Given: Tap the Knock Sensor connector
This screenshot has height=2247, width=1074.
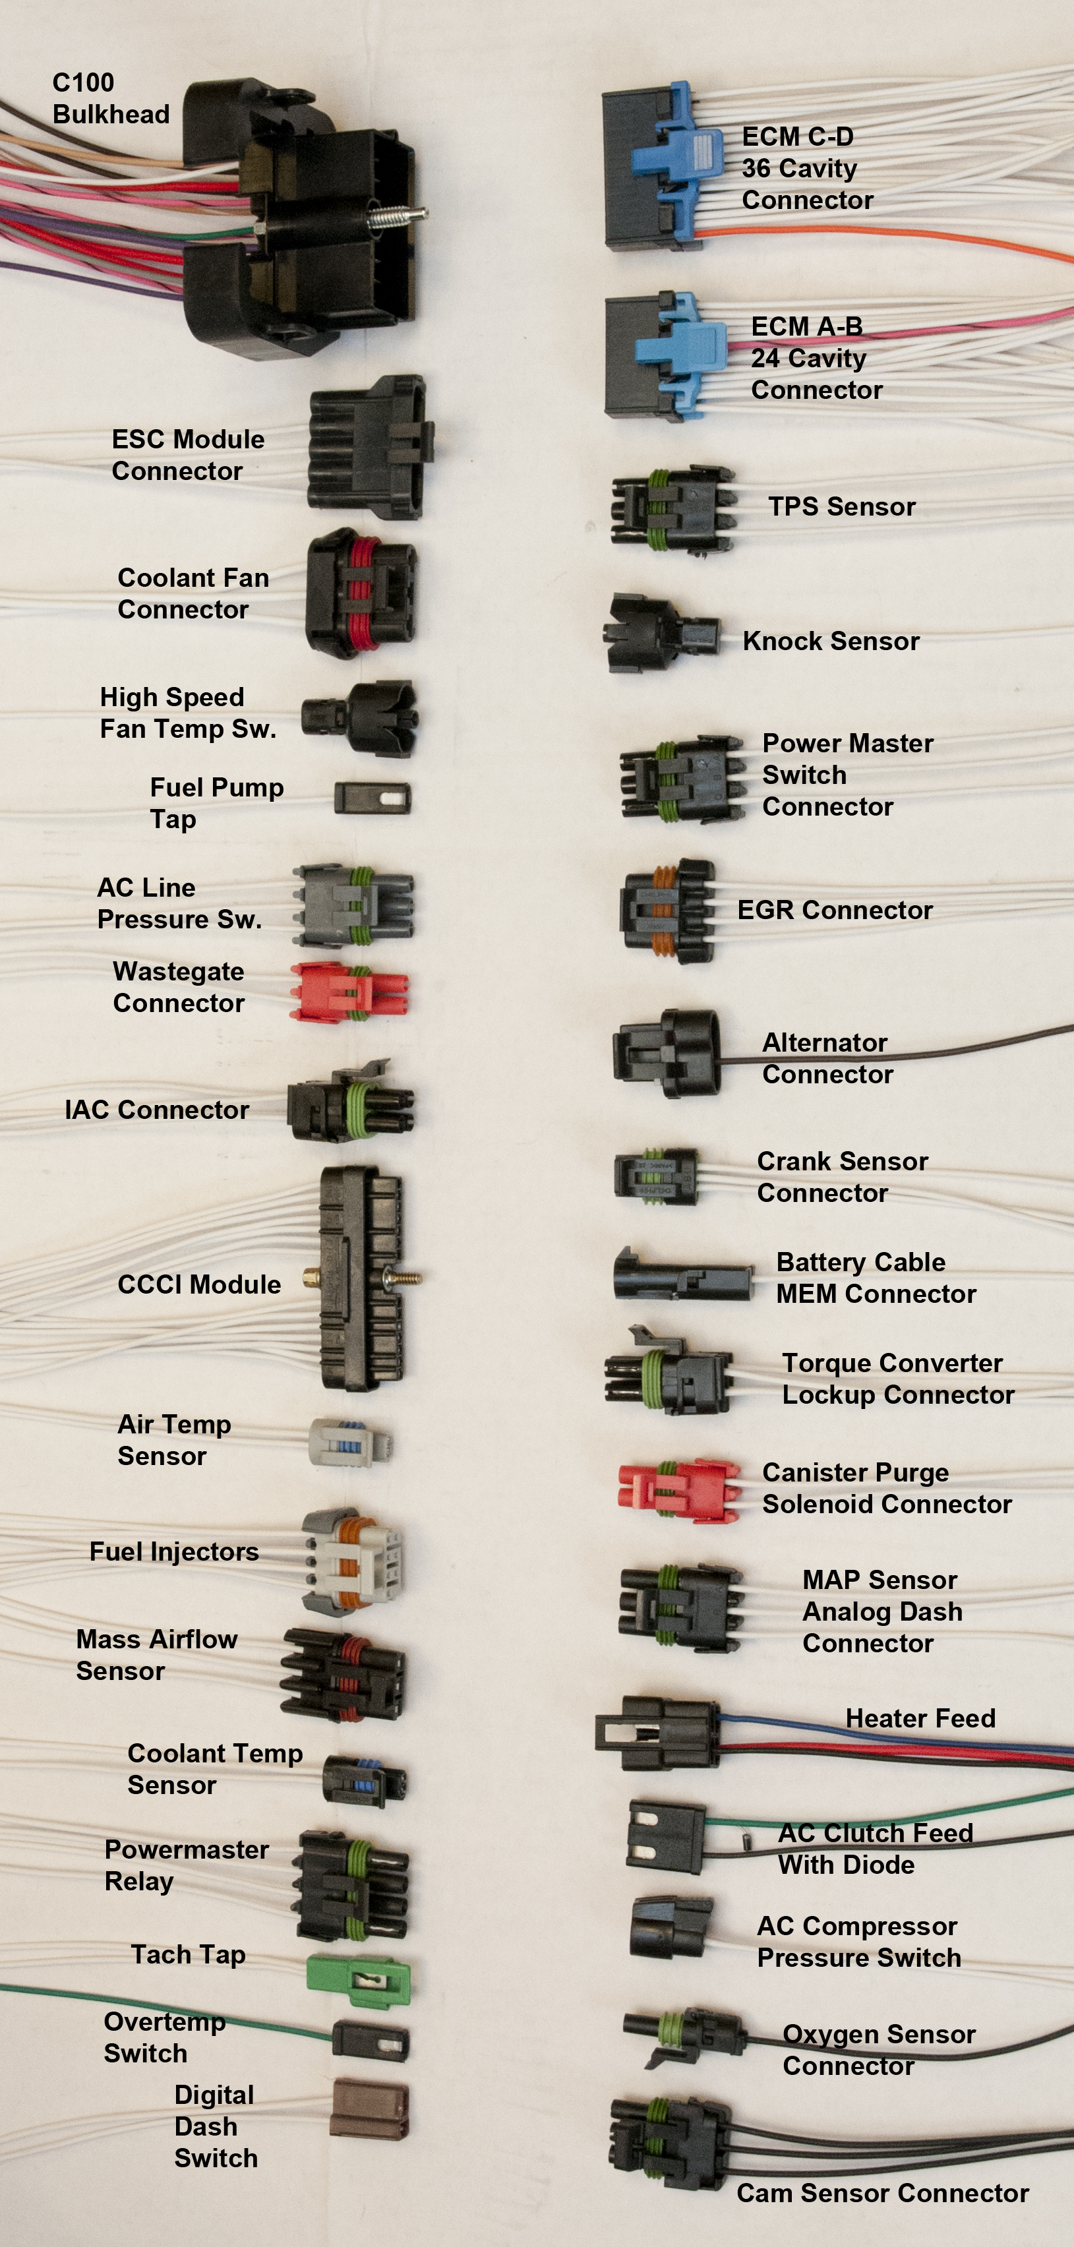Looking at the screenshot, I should (661, 634).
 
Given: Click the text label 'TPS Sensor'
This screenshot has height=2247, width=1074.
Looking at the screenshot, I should (842, 507).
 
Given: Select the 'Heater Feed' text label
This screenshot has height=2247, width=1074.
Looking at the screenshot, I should (920, 1718).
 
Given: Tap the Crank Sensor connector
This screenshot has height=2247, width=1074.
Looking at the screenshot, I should (655, 1177).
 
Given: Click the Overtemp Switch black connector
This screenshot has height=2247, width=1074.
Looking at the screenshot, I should (371, 2042).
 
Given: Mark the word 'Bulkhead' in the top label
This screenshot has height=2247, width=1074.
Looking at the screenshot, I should (111, 114).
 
